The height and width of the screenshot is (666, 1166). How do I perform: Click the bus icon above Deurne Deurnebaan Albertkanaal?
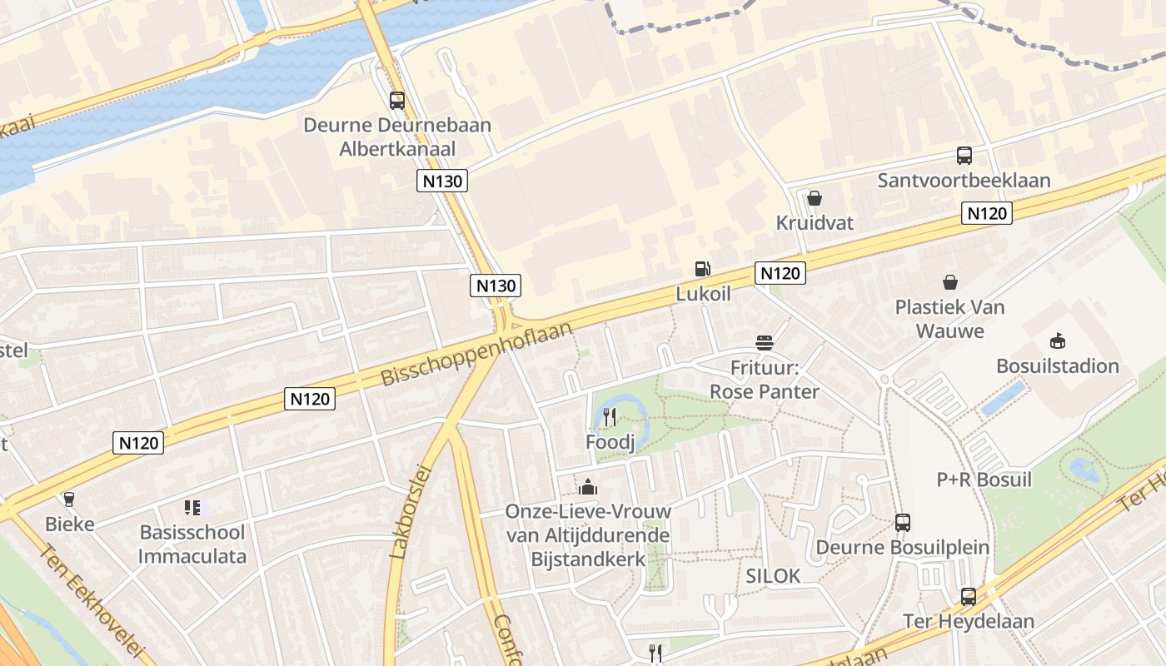click(x=397, y=101)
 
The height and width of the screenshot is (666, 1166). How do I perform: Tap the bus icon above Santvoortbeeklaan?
click(x=964, y=156)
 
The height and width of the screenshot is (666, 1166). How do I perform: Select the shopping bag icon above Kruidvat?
click(x=815, y=198)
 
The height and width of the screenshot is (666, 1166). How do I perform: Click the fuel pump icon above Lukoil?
click(x=703, y=268)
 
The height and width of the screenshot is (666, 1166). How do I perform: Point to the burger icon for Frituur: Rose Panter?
click(x=765, y=342)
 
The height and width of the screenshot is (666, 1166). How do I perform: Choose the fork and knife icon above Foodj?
click(x=610, y=417)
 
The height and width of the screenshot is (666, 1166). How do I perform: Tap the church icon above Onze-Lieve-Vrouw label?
click(x=588, y=486)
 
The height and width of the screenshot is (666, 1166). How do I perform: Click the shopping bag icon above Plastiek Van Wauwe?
click(x=949, y=282)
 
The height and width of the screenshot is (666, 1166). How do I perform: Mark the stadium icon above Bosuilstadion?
click(x=1058, y=340)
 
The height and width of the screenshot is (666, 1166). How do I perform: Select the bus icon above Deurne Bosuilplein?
click(x=903, y=523)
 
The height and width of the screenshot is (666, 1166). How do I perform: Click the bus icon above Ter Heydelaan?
click(x=968, y=597)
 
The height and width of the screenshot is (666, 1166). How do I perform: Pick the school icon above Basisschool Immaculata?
click(x=192, y=507)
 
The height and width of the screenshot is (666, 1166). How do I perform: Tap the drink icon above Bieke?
click(x=69, y=499)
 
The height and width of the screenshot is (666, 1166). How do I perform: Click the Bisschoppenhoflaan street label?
click(x=477, y=354)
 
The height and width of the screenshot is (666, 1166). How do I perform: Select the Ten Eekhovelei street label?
click(x=92, y=601)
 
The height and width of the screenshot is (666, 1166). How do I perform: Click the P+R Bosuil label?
click(x=984, y=480)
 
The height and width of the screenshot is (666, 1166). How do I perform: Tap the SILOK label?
click(x=773, y=575)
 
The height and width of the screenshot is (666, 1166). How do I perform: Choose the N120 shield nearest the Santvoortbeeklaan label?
click(x=986, y=213)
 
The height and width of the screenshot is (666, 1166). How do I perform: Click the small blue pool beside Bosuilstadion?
click(x=1004, y=399)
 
